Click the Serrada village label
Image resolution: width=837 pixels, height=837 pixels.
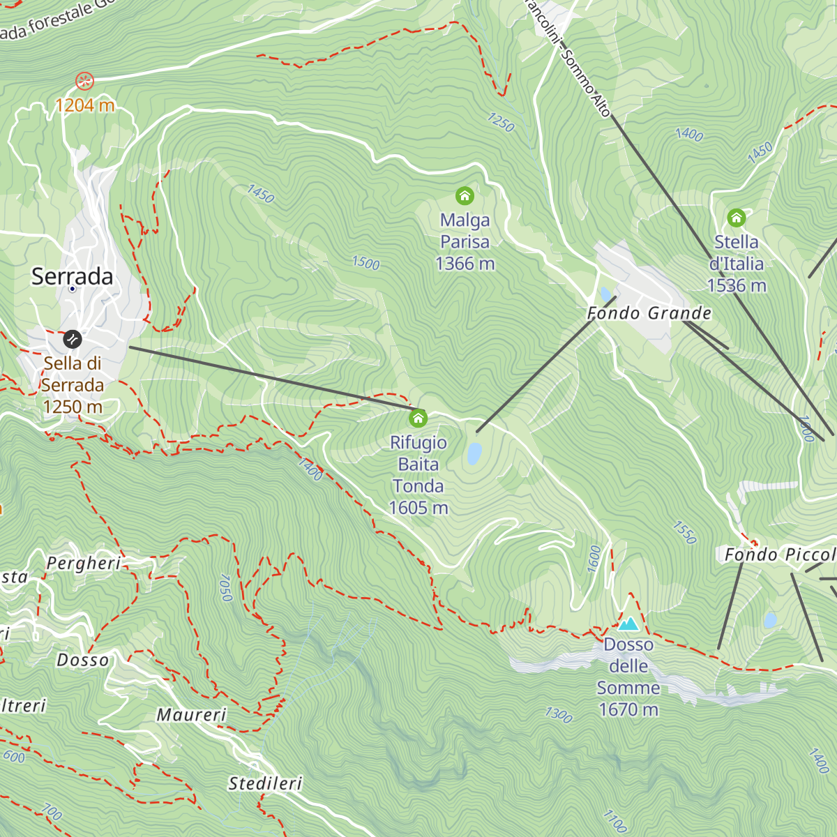pos(73,276)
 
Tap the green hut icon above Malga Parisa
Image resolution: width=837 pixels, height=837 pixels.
pos(465,196)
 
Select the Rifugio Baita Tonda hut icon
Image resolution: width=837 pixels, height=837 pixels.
pos(418,418)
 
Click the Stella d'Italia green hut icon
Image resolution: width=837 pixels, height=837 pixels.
pos(737,218)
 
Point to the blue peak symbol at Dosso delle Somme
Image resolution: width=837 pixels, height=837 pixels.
pos(628,623)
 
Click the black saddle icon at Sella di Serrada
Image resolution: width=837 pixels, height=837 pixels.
pos(73,340)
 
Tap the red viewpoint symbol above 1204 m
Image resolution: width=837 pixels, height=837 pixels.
pos(84,81)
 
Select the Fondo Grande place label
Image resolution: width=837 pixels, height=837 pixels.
pos(649,313)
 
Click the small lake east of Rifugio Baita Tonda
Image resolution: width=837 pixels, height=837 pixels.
pos(474,453)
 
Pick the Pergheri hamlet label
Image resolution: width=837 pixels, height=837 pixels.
pos(84,563)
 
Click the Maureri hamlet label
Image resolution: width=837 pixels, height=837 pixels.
pos(192,715)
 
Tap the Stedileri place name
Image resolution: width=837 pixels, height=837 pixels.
pos(266,784)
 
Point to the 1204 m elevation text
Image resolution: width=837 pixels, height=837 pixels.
pos(84,105)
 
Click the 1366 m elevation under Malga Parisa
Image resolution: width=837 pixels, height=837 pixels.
pos(465,264)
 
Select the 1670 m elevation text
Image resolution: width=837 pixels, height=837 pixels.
pos(628,709)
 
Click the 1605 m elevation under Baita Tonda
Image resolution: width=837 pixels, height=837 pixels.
pos(418,508)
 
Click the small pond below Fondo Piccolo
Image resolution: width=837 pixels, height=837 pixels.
pos(770,620)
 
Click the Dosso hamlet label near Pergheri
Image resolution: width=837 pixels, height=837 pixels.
pos(83,660)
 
